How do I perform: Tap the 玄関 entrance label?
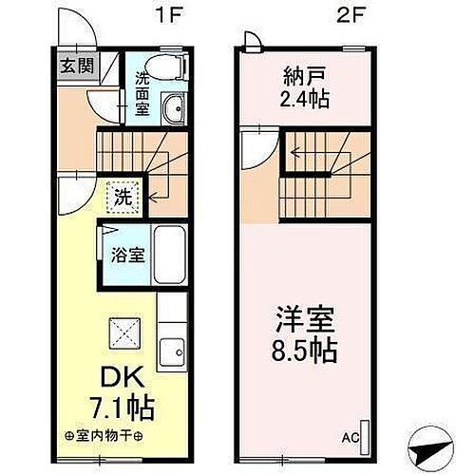pos(78,66)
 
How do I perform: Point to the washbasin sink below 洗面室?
pos(172,112)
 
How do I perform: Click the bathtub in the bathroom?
pos(172,254)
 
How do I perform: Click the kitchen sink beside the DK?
pos(172,353)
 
